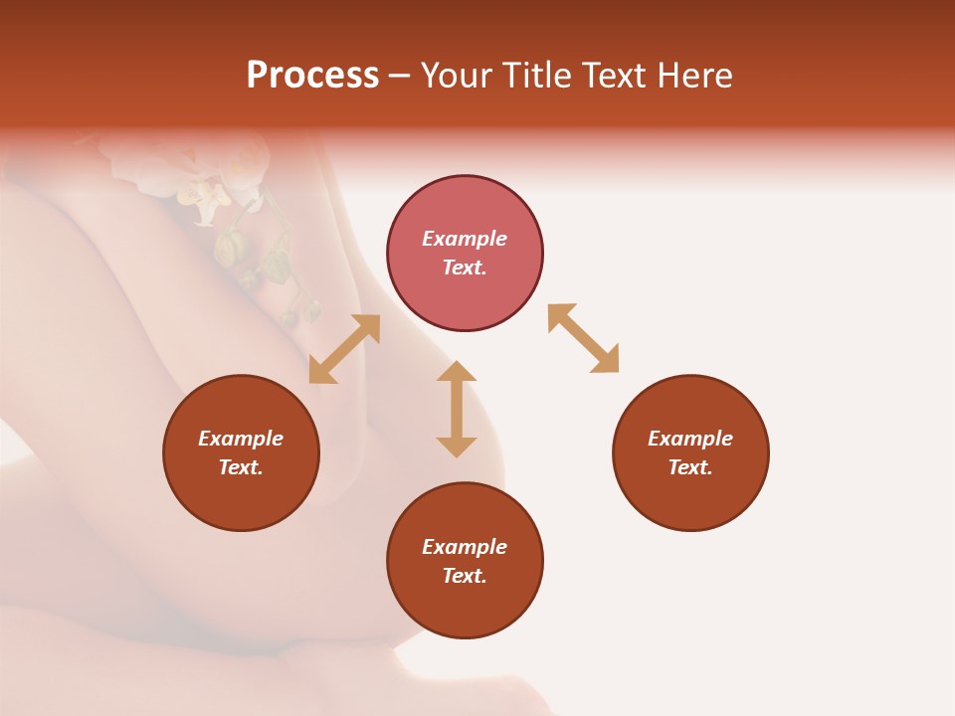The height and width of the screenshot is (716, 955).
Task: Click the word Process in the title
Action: (x=312, y=76)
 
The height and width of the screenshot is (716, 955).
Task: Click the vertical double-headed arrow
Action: (x=457, y=409)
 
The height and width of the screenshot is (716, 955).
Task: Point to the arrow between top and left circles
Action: (x=344, y=349)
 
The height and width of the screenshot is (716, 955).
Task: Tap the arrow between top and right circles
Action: (x=583, y=338)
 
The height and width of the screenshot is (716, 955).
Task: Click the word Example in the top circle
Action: (x=465, y=239)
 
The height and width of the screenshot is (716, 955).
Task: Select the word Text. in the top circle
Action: (x=465, y=268)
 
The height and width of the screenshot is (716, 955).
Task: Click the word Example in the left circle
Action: (x=241, y=439)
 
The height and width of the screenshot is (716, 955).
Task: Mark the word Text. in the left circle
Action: (x=241, y=467)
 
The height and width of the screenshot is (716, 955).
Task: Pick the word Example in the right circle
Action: (x=690, y=439)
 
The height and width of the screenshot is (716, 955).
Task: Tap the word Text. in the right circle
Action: (x=690, y=467)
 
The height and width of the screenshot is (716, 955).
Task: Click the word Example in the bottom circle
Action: (x=465, y=547)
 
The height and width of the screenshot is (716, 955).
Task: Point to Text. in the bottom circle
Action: (x=465, y=576)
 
